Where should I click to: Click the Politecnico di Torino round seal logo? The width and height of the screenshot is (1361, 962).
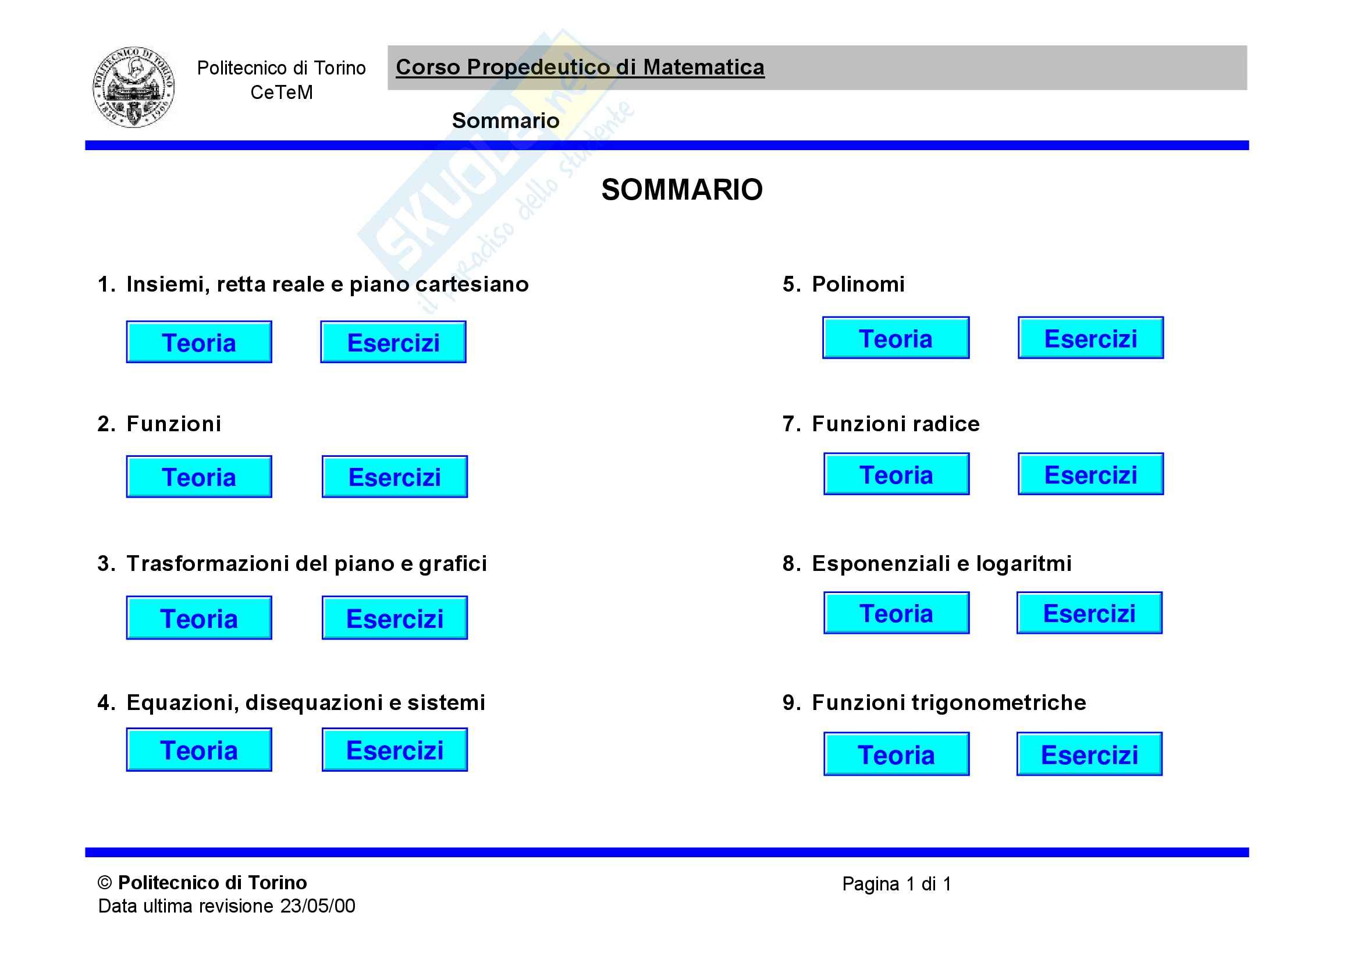[x=133, y=87]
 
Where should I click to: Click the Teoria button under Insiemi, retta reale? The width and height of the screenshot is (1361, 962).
[x=198, y=342]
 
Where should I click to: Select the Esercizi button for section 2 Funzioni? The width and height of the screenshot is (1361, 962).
[x=394, y=477]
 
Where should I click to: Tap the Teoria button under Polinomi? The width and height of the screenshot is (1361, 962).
[x=895, y=338]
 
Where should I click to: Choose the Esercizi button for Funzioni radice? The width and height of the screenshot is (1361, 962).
[x=1090, y=474]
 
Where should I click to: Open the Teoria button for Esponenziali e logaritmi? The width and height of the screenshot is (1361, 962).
[x=896, y=613]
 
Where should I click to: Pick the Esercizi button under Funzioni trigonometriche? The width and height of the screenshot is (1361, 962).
[x=1089, y=754]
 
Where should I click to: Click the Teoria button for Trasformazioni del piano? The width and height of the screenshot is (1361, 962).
[x=198, y=617]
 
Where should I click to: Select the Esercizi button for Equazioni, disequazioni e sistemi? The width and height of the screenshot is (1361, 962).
[x=394, y=750]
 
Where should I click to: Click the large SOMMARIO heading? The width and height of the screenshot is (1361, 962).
[x=682, y=190]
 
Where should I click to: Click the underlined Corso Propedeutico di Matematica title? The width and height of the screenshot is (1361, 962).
[x=580, y=67]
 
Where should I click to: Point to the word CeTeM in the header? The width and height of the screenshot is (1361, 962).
[x=281, y=93]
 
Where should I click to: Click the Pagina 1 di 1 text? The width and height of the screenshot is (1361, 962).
[x=896, y=884]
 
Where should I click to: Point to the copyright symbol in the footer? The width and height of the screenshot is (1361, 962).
[x=105, y=883]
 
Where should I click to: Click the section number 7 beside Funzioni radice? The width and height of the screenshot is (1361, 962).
[x=790, y=424]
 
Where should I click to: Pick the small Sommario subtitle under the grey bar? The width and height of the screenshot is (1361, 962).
[x=505, y=120]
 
